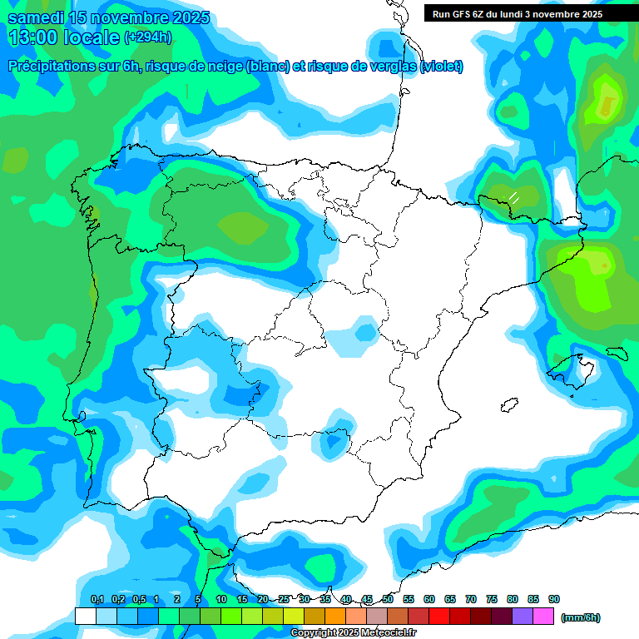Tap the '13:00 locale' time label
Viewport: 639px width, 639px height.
(63, 37)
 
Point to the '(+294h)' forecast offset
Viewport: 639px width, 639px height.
(148, 37)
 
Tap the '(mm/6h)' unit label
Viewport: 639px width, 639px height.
(580, 617)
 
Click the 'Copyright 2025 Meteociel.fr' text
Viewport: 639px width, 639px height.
(354, 633)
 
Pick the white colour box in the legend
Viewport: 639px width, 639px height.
(85, 617)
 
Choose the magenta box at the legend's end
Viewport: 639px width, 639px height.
(543, 617)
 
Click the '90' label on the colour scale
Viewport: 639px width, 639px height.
(554, 599)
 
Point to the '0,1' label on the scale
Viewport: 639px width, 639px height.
(97, 599)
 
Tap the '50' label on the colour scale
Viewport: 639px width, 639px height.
(388, 599)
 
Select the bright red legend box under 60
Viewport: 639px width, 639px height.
(439, 617)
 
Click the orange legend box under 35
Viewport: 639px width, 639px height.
(335, 617)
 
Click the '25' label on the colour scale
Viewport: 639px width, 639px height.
(284, 599)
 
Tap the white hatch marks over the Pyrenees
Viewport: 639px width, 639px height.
(514, 197)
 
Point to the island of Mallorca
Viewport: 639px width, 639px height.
(574, 367)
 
